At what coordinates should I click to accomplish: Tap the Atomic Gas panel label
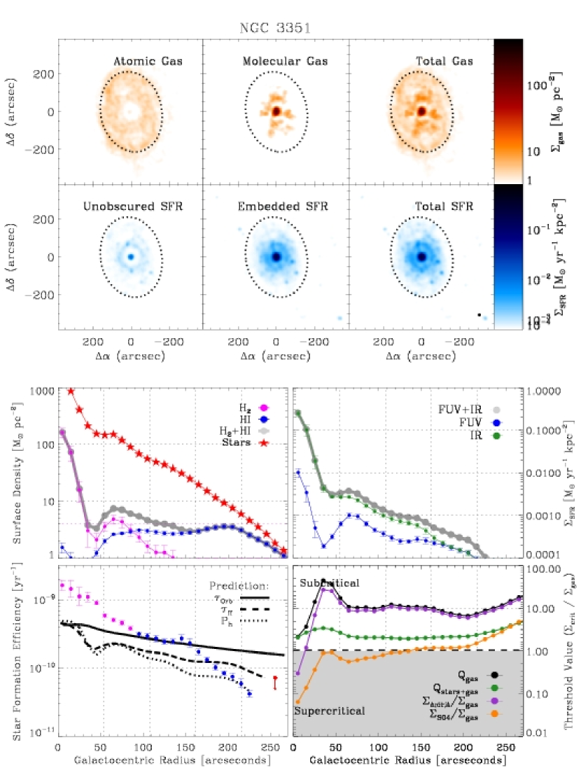tap(148, 62)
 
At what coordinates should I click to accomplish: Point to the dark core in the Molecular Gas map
tap(276, 111)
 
